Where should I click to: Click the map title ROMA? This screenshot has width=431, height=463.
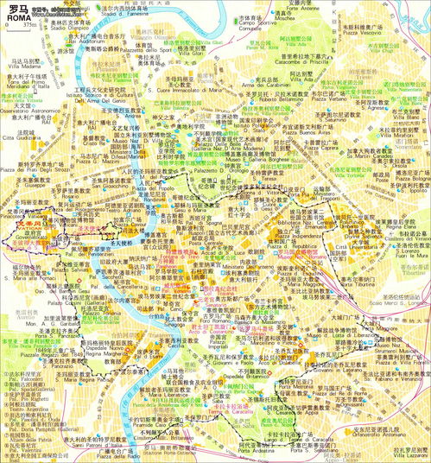click(x=18, y=17)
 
